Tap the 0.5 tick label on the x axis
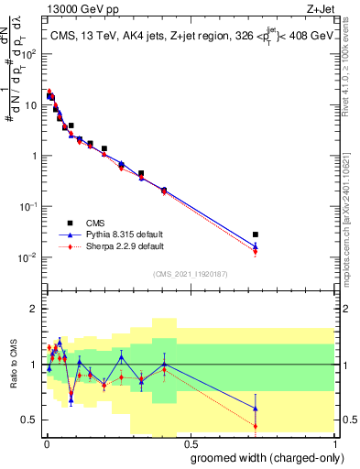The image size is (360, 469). tap(189, 443)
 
